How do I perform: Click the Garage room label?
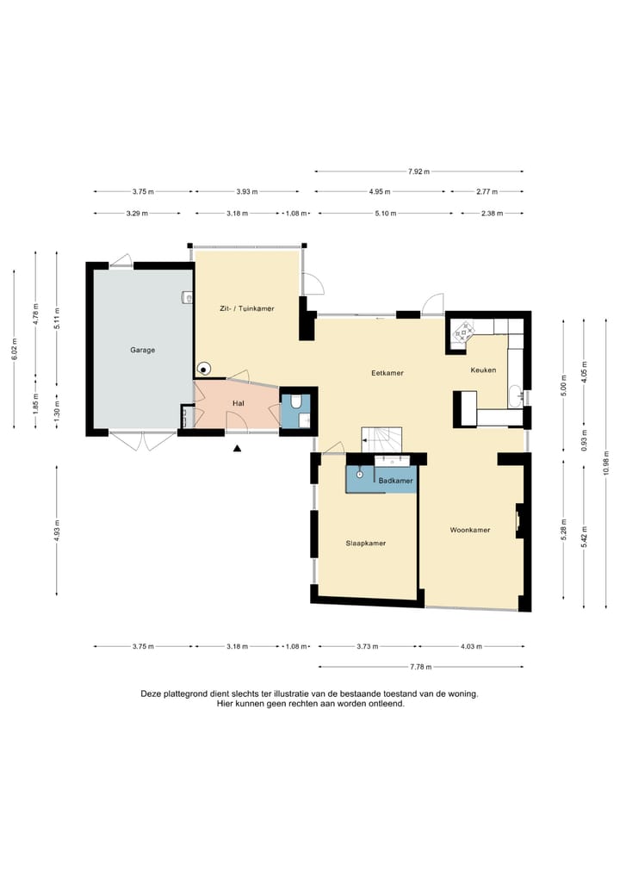click(143, 350)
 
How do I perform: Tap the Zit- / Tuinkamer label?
click(247, 308)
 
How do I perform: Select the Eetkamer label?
click(387, 372)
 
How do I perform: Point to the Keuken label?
click(483, 370)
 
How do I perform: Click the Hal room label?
click(239, 403)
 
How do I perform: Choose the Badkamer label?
click(396, 481)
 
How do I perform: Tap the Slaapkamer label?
click(366, 543)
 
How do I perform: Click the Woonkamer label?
click(470, 530)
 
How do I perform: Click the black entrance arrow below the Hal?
click(237, 447)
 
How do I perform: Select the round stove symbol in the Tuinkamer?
click(204, 368)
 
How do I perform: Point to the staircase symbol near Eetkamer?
click(381, 439)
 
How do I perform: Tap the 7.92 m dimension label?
click(418, 171)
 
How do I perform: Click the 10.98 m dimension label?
click(605, 463)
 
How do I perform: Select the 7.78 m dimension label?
click(420, 667)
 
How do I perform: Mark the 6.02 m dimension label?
click(15, 350)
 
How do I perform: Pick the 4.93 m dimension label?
click(57, 531)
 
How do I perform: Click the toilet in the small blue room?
click(296, 401)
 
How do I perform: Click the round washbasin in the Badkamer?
click(359, 474)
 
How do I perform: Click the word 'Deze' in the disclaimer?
click(151, 694)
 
